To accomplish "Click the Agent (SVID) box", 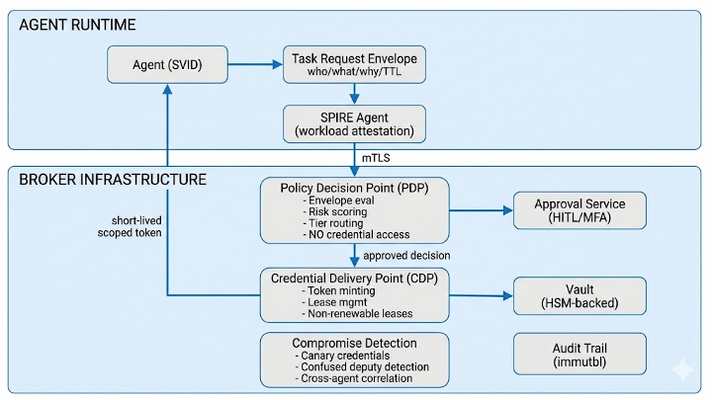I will (x=167, y=65).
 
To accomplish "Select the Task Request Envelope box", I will (x=355, y=64).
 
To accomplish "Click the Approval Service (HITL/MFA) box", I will (x=579, y=210).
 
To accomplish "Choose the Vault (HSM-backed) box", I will (x=579, y=295).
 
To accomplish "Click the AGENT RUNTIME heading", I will (x=77, y=24).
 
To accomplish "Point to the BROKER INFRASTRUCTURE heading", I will (x=112, y=180).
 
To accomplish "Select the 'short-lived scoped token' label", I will (x=130, y=226).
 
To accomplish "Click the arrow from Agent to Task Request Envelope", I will (x=256, y=65).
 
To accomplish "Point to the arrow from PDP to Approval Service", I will (x=481, y=210).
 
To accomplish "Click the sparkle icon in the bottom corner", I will (x=681, y=370).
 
